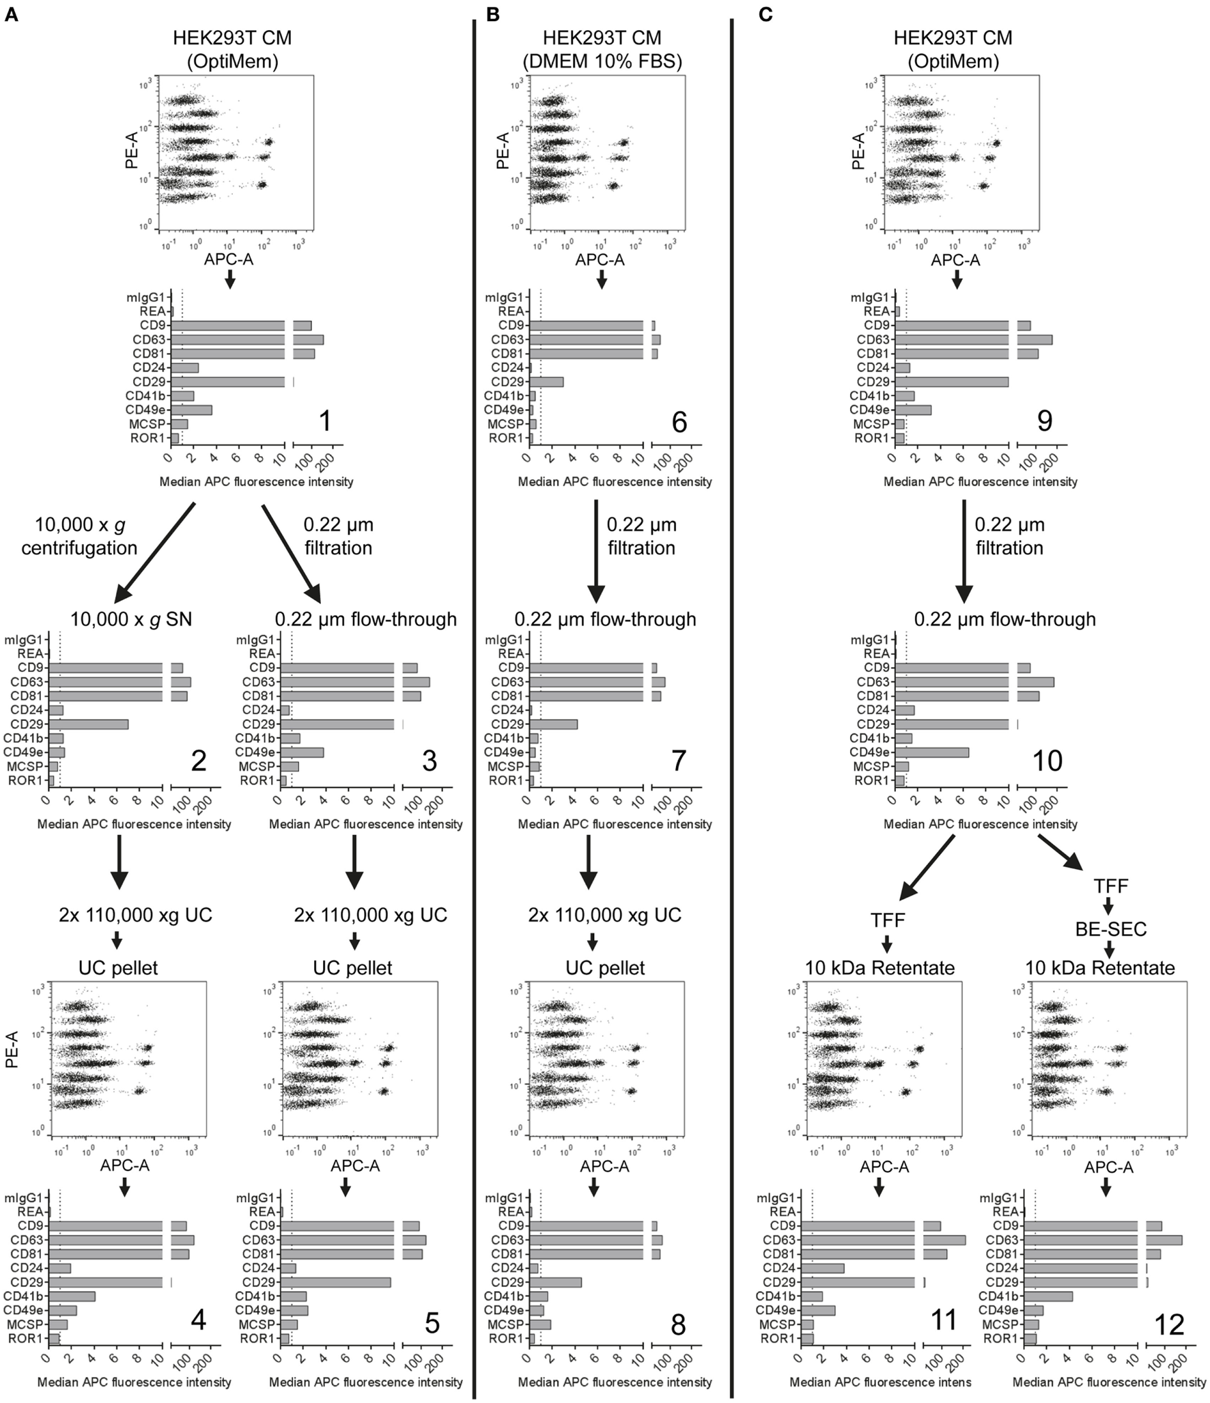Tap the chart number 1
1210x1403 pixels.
(x=326, y=421)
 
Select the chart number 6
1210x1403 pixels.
(x=679, y=423)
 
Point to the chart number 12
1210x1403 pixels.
(x=1168, y=1324)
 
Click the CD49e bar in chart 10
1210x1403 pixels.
(x=931, y=752)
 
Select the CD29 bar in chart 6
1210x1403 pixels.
(x=546, y=382)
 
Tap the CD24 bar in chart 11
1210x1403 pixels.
(x=823, y=1268)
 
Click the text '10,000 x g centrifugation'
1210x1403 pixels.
(x=79, y=536)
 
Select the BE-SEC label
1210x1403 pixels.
(x=1110, y=929)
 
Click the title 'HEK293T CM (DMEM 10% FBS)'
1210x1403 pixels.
(x=602, y=49)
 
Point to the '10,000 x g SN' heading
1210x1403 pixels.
(x=131, y=619)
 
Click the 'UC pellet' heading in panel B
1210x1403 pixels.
(x=605, y=967)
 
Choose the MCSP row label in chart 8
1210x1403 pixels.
(x=507, y=1324)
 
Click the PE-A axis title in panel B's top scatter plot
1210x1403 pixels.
(x=503, y=151)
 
